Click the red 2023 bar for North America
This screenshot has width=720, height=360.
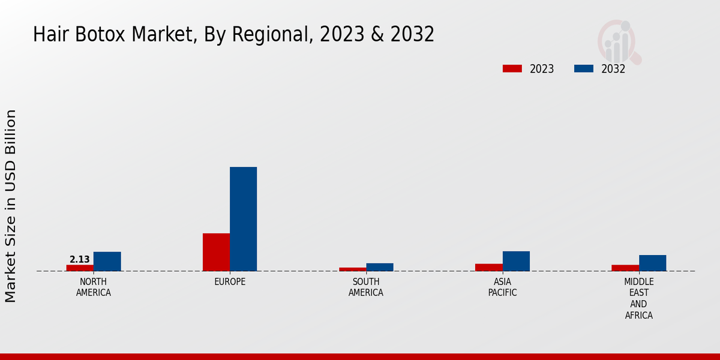[x=80, y=268]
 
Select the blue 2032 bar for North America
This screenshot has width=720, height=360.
[x=107, y=262]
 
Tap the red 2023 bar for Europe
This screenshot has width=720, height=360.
[x=216, y=252]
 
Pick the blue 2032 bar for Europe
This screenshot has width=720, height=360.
[x=243, y=219]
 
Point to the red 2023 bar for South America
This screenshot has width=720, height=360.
[x=352, y=269]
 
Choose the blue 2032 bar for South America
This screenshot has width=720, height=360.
[x=380, y=267]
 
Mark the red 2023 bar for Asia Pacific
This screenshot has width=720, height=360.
[x=489, y=268]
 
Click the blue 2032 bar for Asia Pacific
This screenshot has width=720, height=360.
[x=516, y=261]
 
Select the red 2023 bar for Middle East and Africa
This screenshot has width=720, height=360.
[x=625, y=268]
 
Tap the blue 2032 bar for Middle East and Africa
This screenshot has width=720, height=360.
[x=652, y=263]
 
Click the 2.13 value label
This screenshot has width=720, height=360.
[x=80, y=260]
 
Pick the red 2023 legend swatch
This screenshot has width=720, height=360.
[x=512, y=68]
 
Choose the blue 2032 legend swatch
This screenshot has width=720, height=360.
[x=583, y=68]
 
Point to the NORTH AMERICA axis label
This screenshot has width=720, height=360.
[x=94, y=287]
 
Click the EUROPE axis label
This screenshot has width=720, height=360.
[x=230, y=282]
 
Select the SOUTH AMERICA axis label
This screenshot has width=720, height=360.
[x=366, y=287]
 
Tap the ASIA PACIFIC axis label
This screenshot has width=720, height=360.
[x=503, y=287]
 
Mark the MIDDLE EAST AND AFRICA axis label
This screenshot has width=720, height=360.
[x=639, y=298]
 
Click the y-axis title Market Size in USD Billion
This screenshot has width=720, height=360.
[x=11, y=206]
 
